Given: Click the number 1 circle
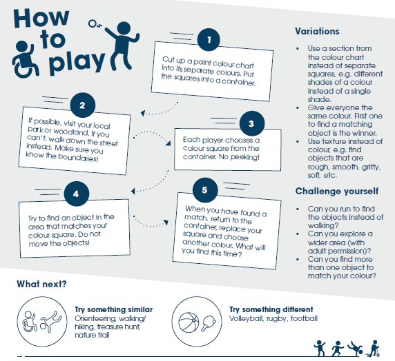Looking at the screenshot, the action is tap(209, 40).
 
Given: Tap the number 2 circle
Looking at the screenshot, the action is tap(83, 105).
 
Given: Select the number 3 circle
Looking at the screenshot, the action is tap(252, 123).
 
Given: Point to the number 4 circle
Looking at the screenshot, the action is tap(77, 194).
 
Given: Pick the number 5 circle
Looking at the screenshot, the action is tap(205, 190).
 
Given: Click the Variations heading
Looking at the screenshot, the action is tap(317, 32).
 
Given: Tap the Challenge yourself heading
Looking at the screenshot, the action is tap(337, 191).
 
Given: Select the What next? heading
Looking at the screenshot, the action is tap(41, 284).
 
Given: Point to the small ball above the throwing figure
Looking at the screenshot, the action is tap(93, 24).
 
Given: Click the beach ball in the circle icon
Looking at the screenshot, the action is tap(189, 322).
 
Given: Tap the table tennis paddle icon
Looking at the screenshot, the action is tap(209, 323).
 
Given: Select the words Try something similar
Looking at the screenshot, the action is tap(114, 309).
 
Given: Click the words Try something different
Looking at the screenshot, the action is tap(271, 309).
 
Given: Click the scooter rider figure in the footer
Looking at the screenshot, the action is tap(374, 349).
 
